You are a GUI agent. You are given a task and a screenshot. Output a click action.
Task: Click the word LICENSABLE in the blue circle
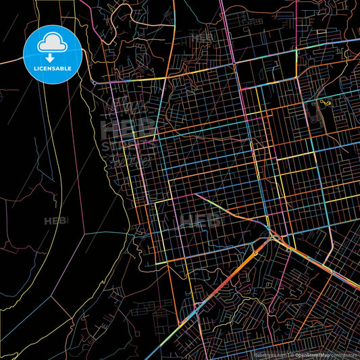(x=52, y=68)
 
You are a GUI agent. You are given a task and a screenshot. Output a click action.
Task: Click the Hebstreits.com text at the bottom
(x=269, y=353)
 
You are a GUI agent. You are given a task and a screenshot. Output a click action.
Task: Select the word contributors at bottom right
(x=346, y=353)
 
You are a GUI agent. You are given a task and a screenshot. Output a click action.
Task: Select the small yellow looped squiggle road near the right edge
(x=326, y=103)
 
